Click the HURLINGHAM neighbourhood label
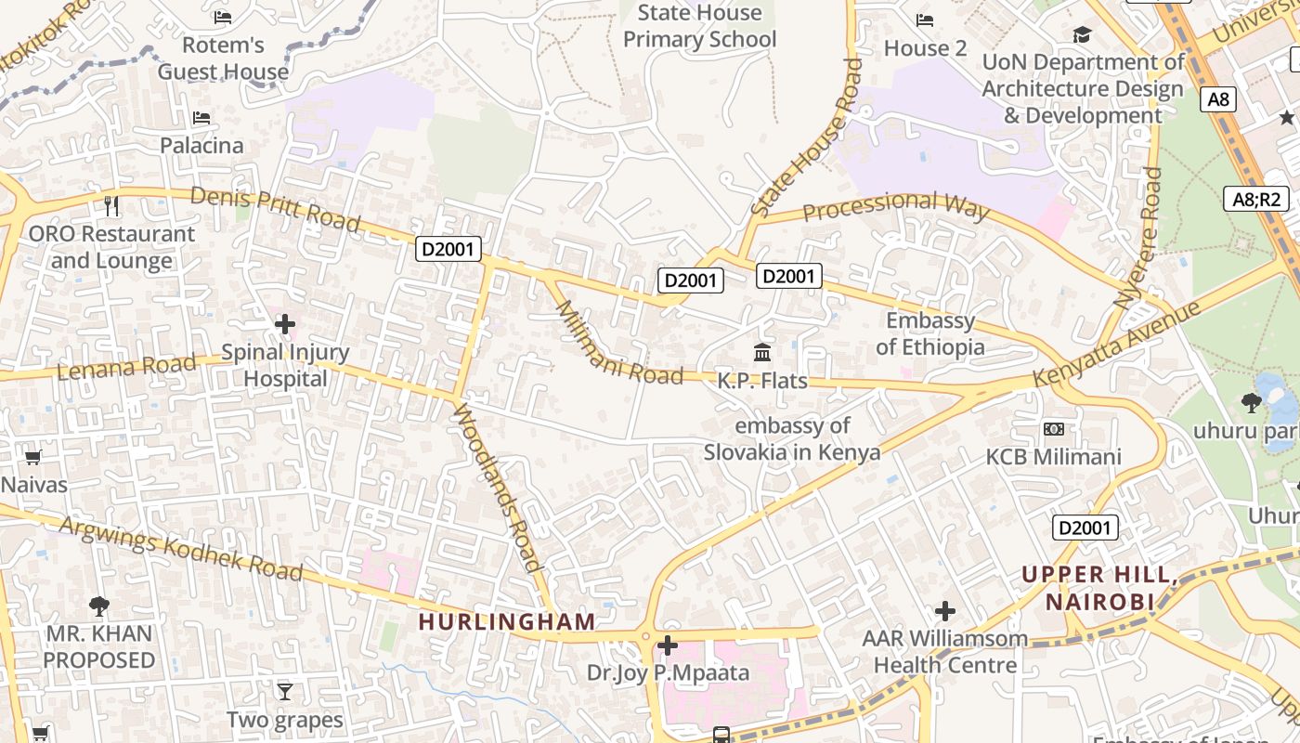pyautogui.click(x=507, y=621)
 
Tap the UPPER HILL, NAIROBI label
pyautogui.click(x=1100, y=588)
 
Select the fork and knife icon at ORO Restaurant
pyautogui.click(x=111, y=205)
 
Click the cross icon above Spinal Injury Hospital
pyautogui.click(x=285, y=324)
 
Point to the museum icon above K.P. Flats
pyautogui.click(x=762, y=353)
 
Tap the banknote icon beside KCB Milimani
pyautogui.click(x=1053, y=429)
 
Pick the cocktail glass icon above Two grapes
pyautogui.click(x=285, y=692)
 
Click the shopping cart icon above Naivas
pyautogui.click(x=33, y=457)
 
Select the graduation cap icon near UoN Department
pyautogui.click(x=1082, y=35)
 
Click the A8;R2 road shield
pyautogui.click(x=1256, y=199)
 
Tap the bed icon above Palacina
pyautogui.click(x=201, y=118)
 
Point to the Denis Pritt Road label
pyautogui.click(x=275, y=209)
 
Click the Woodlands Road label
pyautogui.click(x=497, y=489)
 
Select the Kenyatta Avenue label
pyautogui.click(x=1118, y=344)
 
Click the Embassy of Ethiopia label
pyautogui.click(x=930, y=334)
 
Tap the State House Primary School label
pyautogui.click(x=699, y=26)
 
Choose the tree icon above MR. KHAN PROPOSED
pyautogui.click(x=99, y=606)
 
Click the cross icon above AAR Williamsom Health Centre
pyautogui.click(x=945, y=611)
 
